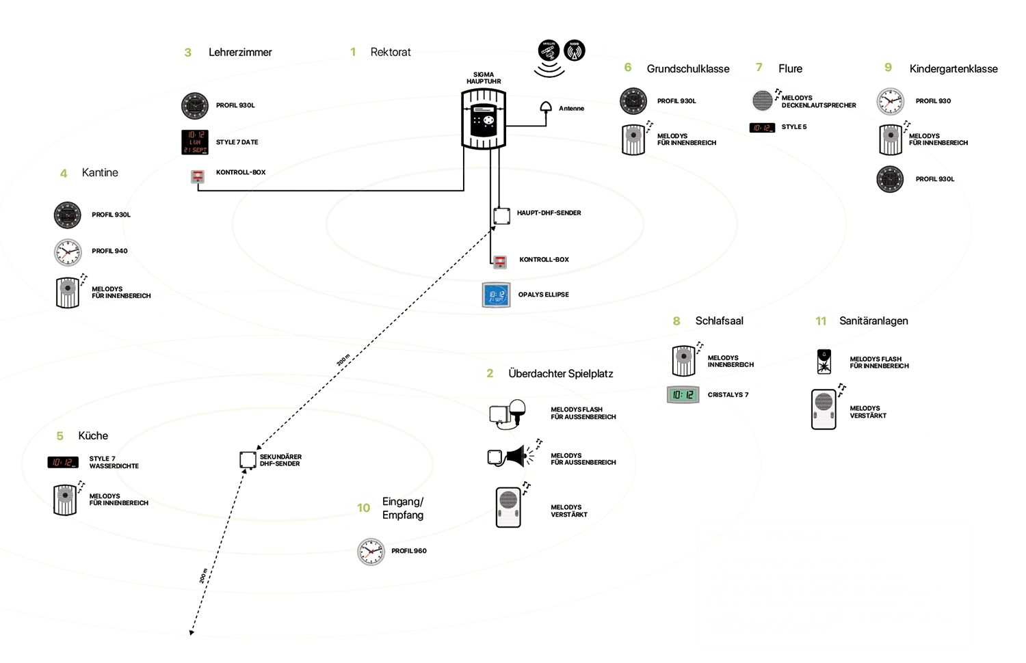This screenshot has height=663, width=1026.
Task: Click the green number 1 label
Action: click(353, 52)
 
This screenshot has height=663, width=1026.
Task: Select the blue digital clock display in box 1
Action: click(497, 295)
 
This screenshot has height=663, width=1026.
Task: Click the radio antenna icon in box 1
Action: click(575, 50)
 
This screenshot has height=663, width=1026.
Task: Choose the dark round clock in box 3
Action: click(195, 106)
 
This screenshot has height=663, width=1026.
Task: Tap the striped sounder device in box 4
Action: click(68, 292)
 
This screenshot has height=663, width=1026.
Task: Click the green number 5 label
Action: click(60, 436)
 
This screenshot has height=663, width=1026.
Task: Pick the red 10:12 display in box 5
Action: click(64, 463)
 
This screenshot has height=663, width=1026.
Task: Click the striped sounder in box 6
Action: click(633, 139)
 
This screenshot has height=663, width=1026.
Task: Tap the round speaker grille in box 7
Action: click(762, 100)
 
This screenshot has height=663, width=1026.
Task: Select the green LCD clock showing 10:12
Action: click(683, 394)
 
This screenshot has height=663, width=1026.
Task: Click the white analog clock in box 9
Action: click(890, 102)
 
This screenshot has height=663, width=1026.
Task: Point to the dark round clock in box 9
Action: click(890, 178)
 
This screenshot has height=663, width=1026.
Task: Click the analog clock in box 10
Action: click(371, 551)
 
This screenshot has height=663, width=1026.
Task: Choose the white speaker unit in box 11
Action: click(824, 409)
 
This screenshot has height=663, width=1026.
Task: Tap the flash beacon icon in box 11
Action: click(824, 363)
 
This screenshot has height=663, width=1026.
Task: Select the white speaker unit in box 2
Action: click(508, 507)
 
